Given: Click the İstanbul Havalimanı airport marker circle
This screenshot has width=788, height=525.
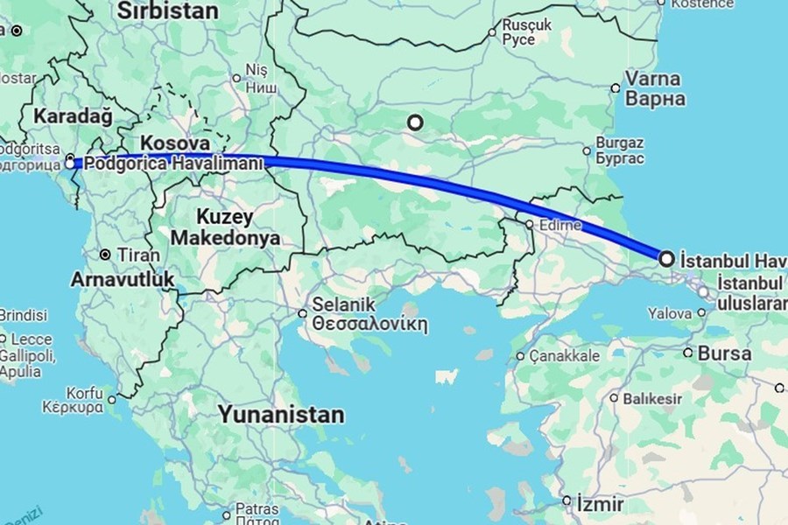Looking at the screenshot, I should [666, 258].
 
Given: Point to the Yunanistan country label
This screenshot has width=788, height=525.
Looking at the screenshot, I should [280, 413].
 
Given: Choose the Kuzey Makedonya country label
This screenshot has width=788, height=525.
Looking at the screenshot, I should [225, 226].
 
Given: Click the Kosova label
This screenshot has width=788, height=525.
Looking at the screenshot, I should [175, 142].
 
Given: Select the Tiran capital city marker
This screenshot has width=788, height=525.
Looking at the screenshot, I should [105, 255].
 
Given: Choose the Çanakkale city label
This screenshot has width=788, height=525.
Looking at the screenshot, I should [568, 356].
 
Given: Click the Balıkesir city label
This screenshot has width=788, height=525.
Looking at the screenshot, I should [652, 398].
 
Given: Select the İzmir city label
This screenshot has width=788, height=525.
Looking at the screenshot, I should [600, 505].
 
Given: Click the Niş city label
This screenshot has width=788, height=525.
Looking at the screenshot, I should [256, 69].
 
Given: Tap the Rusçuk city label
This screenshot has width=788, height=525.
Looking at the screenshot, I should [527, 26].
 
